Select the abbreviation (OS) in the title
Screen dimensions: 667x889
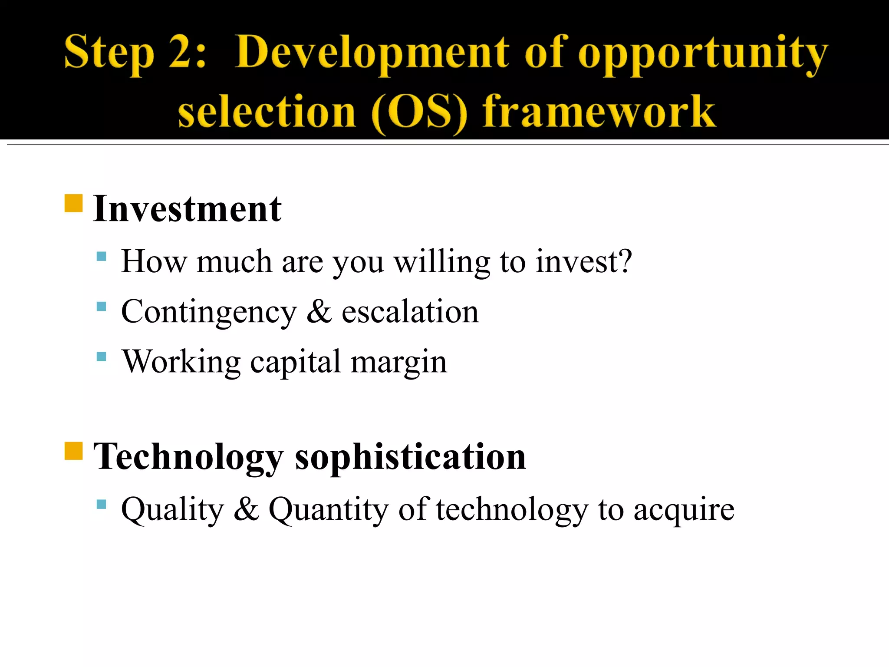coord(419,112)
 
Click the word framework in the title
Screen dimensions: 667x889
coord(599,112)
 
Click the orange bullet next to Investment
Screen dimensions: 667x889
coord(73,203)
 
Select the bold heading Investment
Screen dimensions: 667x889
coord(188,209)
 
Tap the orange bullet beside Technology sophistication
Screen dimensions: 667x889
coord(73,451)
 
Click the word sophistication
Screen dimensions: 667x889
coord(410,457)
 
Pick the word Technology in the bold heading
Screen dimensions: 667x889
coord(188,457)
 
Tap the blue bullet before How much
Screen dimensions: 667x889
coord(101,256)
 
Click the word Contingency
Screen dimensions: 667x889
coord(209,312)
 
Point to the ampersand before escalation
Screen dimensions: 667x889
coord(319,311)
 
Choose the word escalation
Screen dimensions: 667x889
coord(410,311)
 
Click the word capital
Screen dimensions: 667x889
coord(296,362)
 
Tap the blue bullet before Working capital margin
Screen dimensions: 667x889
coord(101,357)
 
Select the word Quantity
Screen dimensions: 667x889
coord(329,509)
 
